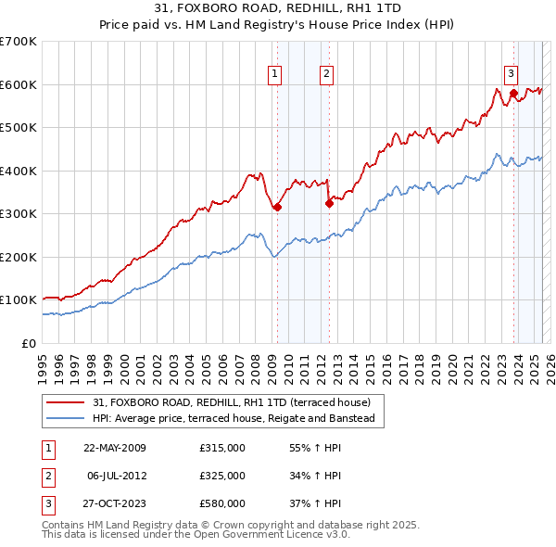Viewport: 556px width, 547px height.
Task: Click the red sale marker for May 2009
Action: pos(277,208)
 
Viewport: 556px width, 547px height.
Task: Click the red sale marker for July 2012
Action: pos(328,203)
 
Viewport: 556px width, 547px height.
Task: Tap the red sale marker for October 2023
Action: pos(512,94)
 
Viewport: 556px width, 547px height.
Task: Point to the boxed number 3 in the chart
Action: pos(511,74)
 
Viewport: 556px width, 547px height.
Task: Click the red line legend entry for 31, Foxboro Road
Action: pos(232,402)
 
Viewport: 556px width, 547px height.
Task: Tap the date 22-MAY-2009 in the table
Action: pos(115,448)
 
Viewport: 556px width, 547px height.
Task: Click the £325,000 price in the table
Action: pos(222,476)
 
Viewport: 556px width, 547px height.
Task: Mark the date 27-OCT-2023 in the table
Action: pos(115,503)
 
